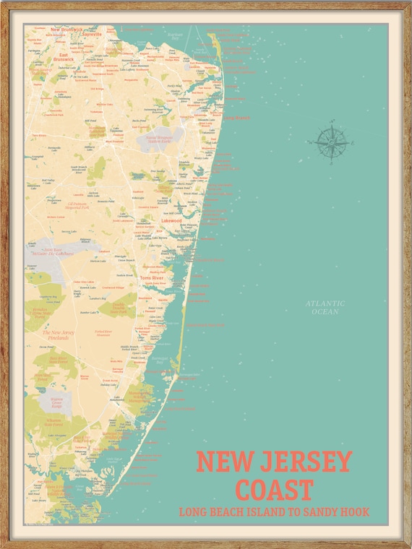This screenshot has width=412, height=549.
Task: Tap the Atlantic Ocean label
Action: coord(325,307)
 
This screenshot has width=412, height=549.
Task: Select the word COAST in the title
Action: coord(275,489)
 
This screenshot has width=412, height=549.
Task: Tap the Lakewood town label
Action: coord(161,220)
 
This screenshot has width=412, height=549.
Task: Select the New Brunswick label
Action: coord(66,30)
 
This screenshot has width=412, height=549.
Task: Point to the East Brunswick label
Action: coord(63,57)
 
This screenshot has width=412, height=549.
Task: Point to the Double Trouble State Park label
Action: coord(122,306)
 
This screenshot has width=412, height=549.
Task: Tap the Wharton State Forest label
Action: coord(54,423)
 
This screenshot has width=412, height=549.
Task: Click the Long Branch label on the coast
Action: coord(235,117)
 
